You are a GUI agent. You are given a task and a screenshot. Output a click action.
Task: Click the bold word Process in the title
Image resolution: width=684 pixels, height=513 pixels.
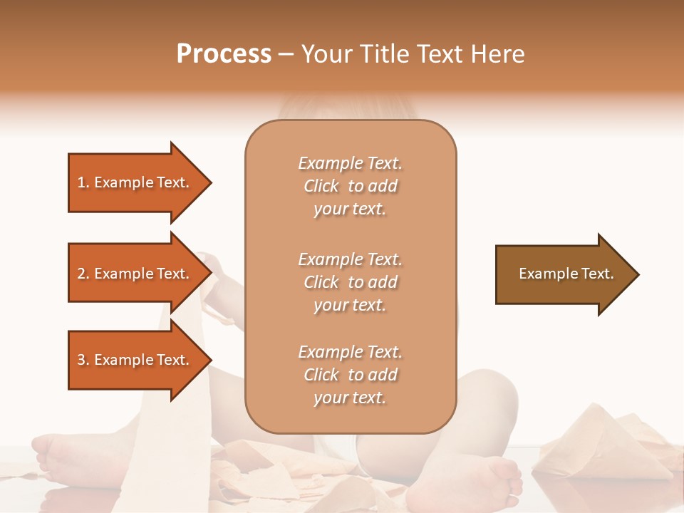point(224,54)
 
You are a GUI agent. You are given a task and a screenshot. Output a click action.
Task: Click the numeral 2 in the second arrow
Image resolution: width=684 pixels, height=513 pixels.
point(82,274)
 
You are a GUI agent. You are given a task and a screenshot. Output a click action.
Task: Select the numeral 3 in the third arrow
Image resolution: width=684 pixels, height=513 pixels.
point(82,360)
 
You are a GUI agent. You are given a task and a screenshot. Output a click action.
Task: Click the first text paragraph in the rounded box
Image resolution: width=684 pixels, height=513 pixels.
point(350,186)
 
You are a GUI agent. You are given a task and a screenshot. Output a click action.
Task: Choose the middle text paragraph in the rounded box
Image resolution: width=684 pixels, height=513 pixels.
point(350,282)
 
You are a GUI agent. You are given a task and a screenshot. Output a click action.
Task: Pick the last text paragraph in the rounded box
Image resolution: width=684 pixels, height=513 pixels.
point(350,375)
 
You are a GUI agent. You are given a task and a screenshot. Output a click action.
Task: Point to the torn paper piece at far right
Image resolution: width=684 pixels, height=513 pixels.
point(606,442)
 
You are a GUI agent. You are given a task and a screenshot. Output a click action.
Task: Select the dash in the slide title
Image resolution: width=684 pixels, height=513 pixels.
point(286,54)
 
